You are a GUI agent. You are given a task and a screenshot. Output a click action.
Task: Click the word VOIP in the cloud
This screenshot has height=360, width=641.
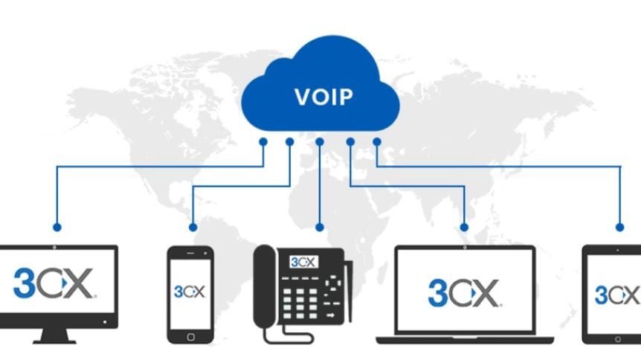click(323, 97)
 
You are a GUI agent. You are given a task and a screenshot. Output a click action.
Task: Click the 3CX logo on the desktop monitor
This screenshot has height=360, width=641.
click(54, 284)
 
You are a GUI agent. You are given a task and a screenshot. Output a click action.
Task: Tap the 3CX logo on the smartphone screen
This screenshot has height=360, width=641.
click(189, 292)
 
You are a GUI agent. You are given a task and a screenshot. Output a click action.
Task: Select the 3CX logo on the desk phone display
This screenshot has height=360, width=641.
click(303, 262)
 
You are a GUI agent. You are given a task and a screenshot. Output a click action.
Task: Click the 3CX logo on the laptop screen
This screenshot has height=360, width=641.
click(464, 293)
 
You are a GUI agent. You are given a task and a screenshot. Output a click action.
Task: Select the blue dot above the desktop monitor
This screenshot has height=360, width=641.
click(57, 227)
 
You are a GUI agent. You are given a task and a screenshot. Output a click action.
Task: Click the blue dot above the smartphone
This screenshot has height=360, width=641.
click(193, 227)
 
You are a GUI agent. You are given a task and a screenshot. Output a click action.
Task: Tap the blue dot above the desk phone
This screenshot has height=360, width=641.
click(320, 227)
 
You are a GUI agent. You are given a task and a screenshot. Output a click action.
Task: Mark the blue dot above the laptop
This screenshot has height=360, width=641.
click(465, 227)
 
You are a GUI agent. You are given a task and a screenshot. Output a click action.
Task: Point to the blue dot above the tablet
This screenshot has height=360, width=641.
click(619, 227)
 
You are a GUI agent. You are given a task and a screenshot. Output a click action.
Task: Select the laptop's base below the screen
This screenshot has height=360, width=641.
click(465, 339)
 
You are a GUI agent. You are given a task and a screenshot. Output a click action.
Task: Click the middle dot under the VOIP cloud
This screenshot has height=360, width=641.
click(320, 141)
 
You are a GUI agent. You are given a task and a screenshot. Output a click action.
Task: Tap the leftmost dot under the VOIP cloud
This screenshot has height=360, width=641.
click(262, 141)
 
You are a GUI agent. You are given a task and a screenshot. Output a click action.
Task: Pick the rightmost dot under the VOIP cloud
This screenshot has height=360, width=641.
click(377, 141)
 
